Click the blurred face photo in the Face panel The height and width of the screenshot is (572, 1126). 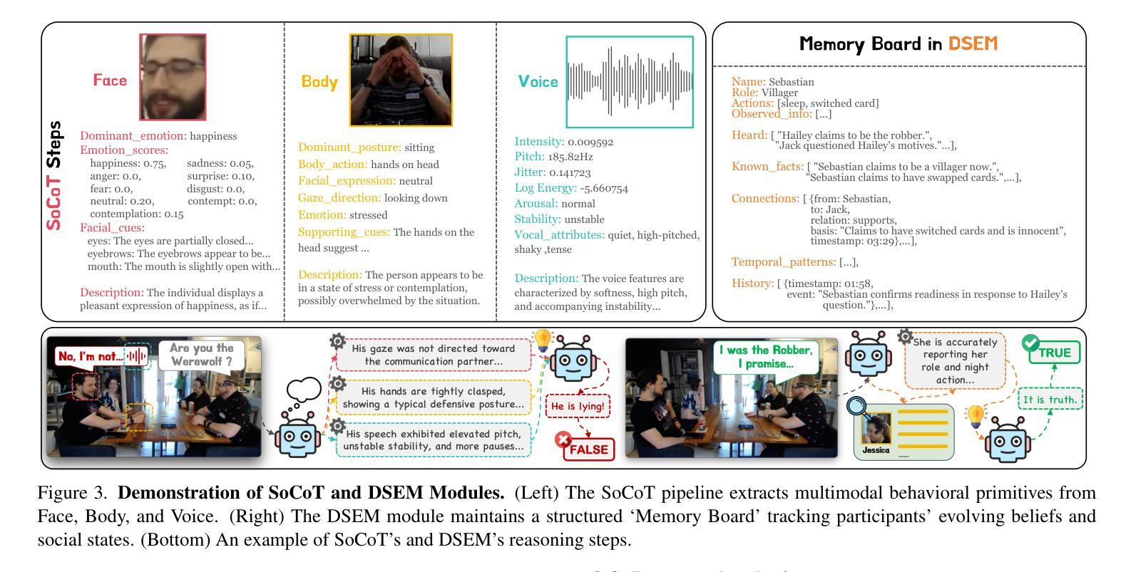(173, 77)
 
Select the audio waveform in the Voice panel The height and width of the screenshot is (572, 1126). (629, 81)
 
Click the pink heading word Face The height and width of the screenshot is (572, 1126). (110, 80)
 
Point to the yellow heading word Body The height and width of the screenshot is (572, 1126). (319, 82)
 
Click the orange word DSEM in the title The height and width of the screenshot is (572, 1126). (972, 44)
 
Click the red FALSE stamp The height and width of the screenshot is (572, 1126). (587, 449)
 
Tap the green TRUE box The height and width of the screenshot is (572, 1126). (1054, 353)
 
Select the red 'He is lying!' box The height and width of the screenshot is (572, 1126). (578, 407)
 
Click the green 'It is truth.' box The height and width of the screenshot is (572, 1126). (1049, 400)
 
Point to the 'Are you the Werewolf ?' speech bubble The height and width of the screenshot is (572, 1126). (201, 355)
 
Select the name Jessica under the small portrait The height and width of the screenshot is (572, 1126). (876, 450)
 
